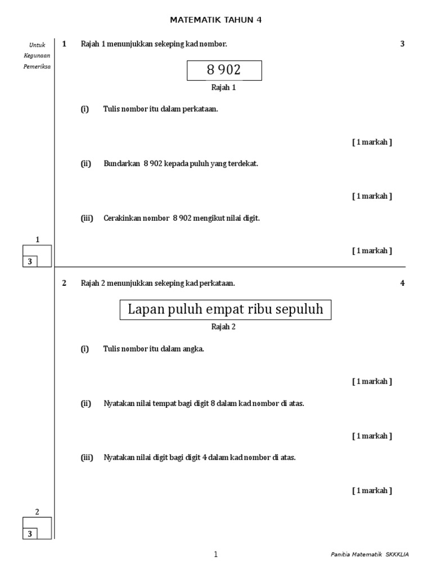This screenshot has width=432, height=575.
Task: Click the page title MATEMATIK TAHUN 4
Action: tap(215, 20)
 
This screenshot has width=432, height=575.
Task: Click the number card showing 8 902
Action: tap(224, 70)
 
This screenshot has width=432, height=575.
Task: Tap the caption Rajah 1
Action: tap(223, 88)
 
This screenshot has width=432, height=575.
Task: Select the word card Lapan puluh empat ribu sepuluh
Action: tap(225, 310)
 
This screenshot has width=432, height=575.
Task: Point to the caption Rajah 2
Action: tap(223, 327)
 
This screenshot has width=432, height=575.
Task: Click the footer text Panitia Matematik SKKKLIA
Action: tap(370, 554)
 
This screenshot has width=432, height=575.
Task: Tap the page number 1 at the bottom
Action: tap(215, 554)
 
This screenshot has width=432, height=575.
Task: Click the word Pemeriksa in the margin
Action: tap(37, 66)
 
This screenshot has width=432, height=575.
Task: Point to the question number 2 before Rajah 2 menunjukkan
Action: tap(64, 283)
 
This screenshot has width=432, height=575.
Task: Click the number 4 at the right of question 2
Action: tap(402, 283)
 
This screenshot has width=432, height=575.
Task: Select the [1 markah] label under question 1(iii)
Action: tap(372, 251)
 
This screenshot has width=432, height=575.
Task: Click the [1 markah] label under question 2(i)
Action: tap(372, 382)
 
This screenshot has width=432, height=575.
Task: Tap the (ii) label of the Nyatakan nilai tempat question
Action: tap(86, 404)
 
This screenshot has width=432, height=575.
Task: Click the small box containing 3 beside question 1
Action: tap(30, 261)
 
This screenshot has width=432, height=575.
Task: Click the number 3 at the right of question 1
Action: tap(402, 44)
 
